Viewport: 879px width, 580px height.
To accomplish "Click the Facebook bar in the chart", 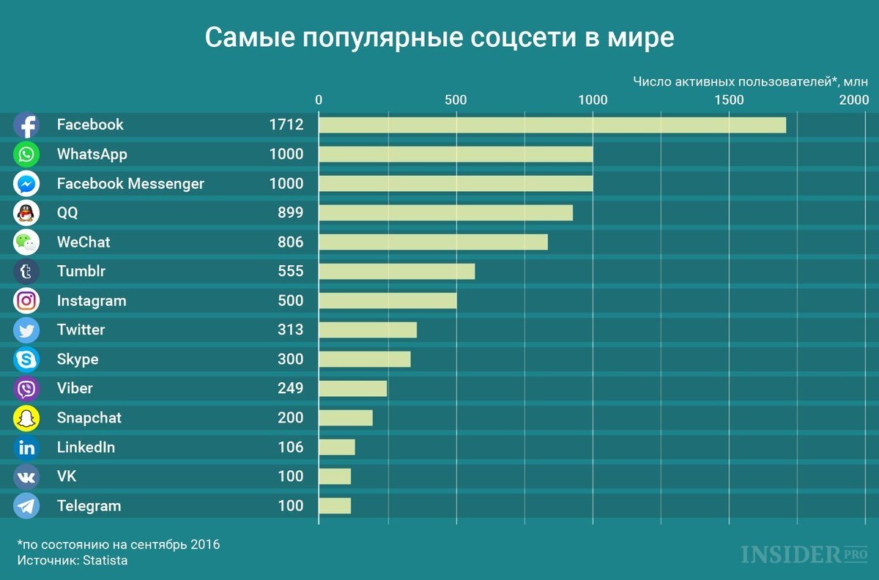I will click(552, 124).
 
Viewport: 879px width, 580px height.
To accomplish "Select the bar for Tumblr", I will click(396, 271).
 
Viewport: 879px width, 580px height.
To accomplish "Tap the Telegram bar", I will click(335, 505).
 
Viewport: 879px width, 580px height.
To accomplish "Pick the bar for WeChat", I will click(433, 242).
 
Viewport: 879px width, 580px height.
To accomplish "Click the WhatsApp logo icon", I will click(26, 155).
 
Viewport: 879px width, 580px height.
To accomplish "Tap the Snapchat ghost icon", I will click(26, 418).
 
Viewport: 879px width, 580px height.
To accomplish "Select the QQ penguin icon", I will click(26, 213).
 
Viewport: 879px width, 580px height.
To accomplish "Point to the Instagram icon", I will click(26, 301).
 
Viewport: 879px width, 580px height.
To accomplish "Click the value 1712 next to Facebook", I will click(286, 124).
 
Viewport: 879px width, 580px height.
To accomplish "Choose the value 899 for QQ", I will click(290, 212).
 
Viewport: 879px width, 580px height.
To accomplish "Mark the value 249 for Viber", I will click(290, 388).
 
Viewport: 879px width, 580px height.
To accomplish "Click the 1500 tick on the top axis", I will click(730, 100).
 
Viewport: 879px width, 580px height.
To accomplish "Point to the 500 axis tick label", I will click(456, 100).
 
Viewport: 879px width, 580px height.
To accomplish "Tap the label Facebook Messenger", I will click(130, 183).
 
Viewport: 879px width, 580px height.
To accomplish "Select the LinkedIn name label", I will click(86, 447).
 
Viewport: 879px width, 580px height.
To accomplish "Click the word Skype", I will click(78, 359).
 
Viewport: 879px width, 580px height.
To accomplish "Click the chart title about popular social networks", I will click(439, 37).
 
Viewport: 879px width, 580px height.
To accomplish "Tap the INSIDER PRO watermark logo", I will click(801, 554).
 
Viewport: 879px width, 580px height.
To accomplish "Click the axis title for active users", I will click(750, 81).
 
